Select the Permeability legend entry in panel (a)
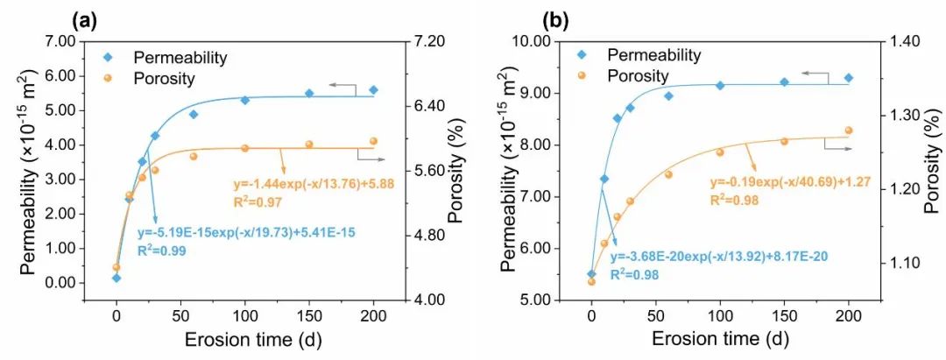pos(180,58)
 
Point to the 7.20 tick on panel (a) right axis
pos(429,41)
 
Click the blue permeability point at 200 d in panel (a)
pos(373,89)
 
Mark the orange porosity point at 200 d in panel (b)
pos(849,131)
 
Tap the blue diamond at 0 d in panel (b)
pos(591,274)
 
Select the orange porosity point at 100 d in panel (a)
pos(244,148)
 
